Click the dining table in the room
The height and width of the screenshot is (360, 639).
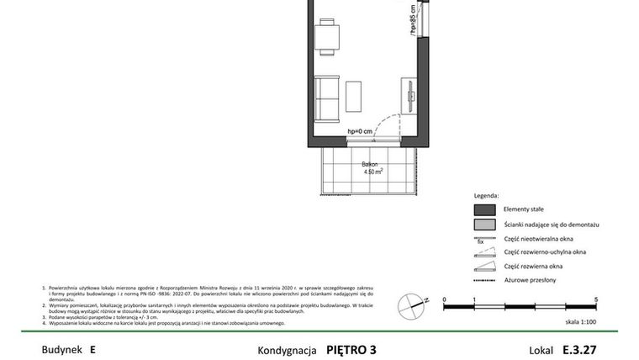point(328,37)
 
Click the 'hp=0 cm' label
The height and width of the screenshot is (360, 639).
point(359,132)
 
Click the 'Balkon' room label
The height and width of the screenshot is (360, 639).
point(370,164)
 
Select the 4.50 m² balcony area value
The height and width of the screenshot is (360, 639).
point(373,172)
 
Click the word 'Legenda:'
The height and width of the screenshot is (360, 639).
point(487,195)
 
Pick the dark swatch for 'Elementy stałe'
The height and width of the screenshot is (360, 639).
point(483,210)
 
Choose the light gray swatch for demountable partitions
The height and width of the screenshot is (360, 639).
point(483,225)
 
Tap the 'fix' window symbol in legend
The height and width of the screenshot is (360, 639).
point(483,239)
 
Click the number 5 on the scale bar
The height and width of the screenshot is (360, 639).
point(596,299)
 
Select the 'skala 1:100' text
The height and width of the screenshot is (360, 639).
point(581,322)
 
